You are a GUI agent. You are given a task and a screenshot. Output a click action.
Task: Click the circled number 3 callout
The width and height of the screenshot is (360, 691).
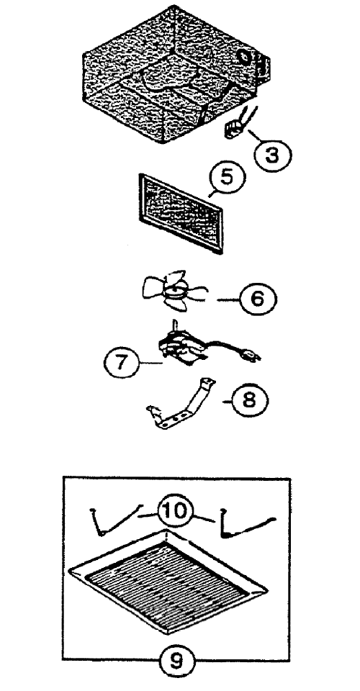coord(273,154)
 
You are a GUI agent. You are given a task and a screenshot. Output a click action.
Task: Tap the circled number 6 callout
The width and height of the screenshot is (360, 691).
coord(258,299)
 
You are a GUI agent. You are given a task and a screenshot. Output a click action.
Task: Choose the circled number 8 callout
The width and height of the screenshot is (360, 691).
coord(250,402)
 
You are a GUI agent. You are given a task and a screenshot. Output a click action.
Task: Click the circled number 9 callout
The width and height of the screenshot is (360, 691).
coord(176,661)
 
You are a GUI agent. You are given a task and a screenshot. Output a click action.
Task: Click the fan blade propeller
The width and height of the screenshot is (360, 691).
coord(174,291)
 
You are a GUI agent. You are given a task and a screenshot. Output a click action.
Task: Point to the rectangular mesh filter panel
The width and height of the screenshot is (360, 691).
coord(181,213)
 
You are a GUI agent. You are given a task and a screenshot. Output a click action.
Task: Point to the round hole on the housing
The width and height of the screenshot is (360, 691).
coord(243,58)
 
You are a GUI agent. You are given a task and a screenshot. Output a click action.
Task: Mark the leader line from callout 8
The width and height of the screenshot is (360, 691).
coord(225,401)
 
